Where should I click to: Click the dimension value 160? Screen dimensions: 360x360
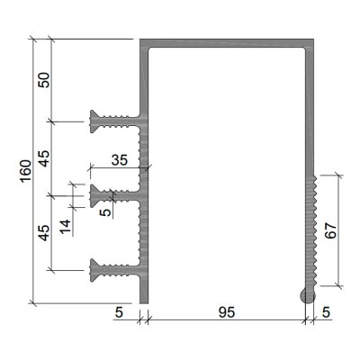[x=26, y=171]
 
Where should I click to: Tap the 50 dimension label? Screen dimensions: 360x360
[x=44, y=80]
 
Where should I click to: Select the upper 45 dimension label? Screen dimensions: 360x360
[x=44, y=158]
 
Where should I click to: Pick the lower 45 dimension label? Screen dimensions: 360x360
[x=44, y=233]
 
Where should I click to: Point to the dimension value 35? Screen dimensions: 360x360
[x=120, y=160]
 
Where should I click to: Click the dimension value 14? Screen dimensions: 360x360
[x=65, y=227]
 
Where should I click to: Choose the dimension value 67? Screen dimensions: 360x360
[x=331, y=230]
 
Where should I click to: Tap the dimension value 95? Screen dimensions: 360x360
[x=227, y=312]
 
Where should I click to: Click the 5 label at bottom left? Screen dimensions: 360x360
[x=119, y=312]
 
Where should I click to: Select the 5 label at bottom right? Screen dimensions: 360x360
[x=326, y=312]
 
